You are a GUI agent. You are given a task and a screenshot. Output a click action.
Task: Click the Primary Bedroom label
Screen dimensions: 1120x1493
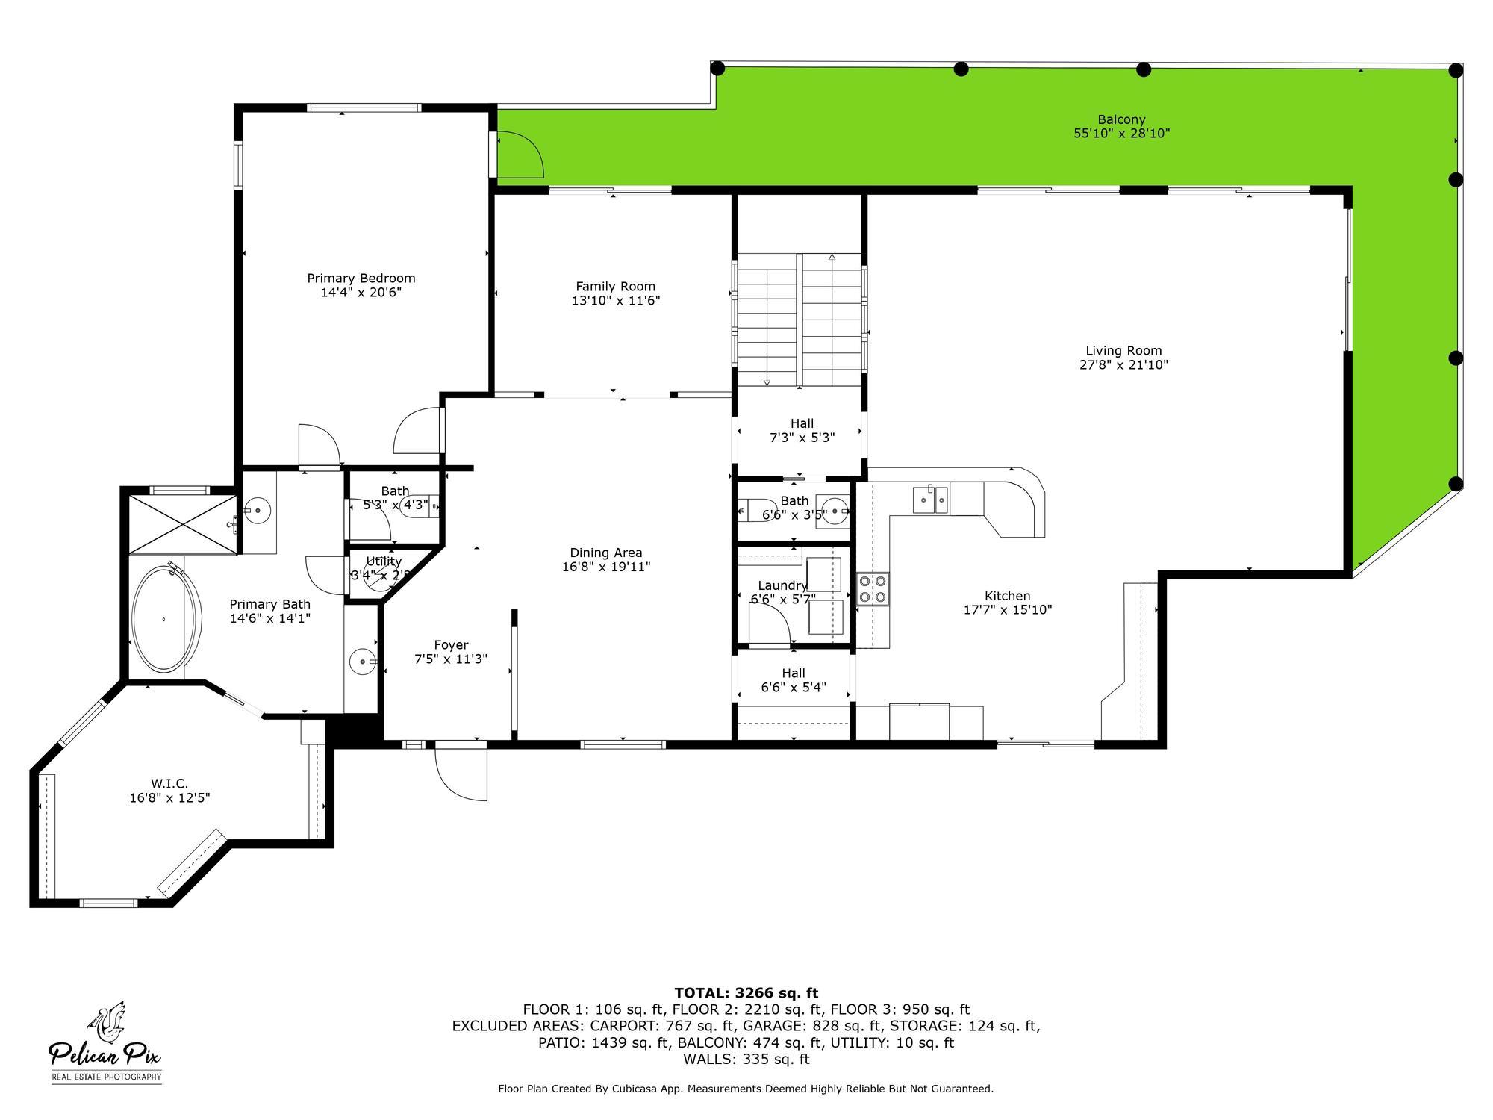[x=361, y=279]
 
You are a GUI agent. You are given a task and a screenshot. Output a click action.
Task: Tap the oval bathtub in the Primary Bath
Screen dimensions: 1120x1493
[x=166, y=619]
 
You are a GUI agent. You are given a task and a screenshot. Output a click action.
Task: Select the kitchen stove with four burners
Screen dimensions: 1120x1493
[x=873, y=588]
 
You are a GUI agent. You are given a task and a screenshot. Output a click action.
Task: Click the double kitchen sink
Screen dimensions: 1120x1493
[x=930, y=499]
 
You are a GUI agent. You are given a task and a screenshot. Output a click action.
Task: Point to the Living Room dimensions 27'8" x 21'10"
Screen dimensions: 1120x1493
[x=1123, y=365]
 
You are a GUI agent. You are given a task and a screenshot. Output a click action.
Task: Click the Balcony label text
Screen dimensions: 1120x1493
[x=1121, y=119]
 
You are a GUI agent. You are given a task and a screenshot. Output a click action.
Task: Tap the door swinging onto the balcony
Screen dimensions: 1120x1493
[x=519, y=155]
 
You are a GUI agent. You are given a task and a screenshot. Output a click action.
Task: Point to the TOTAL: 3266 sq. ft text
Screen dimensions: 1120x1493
[x=746, y=993]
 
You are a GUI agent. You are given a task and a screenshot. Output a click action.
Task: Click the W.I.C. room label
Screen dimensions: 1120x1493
[x=169, y=783]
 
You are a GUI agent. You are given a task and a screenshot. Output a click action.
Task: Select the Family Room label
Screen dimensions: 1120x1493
[x=615, y=287]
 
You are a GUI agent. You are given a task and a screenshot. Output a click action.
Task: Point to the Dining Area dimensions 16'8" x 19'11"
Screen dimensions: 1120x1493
[x=606, y=567]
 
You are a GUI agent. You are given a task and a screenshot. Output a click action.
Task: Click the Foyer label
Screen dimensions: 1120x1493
[x=451, y=645]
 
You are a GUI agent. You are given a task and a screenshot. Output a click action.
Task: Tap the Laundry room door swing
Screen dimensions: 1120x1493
[x=769, y=623]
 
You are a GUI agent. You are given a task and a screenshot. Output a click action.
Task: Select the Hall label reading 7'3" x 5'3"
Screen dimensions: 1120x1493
[x=802, y=431]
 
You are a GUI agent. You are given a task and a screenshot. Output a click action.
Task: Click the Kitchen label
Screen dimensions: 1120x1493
[x=1007, y=596]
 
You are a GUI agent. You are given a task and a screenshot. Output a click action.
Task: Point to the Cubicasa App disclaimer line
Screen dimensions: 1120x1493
[x=746, y=1089]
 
